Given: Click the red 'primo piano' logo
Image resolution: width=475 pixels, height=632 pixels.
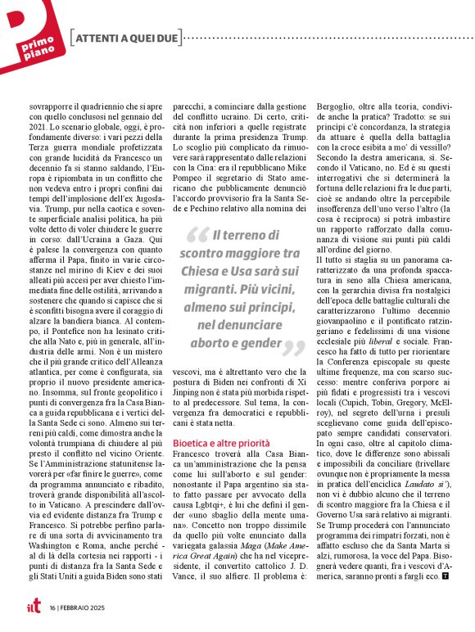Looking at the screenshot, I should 31,37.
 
